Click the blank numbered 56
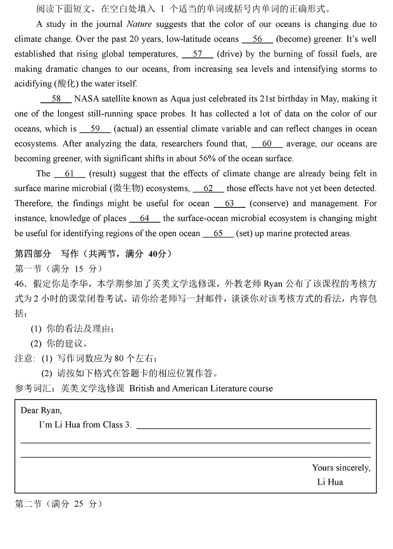point(257,39)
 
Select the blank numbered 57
point(197,54)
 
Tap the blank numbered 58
point(56,99)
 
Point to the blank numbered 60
point(267,144)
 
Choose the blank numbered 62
point(208,188)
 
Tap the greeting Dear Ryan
point(41,410)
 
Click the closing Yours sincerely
point(341,467)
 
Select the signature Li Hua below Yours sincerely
point(330,482)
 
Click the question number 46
point(21,284)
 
